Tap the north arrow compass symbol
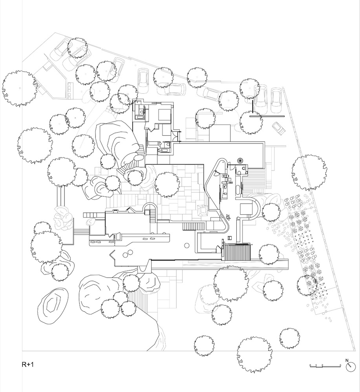350,367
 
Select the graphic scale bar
324,365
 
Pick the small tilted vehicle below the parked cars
279,128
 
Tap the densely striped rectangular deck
237,251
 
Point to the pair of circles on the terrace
128,255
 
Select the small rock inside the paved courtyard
203,210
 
